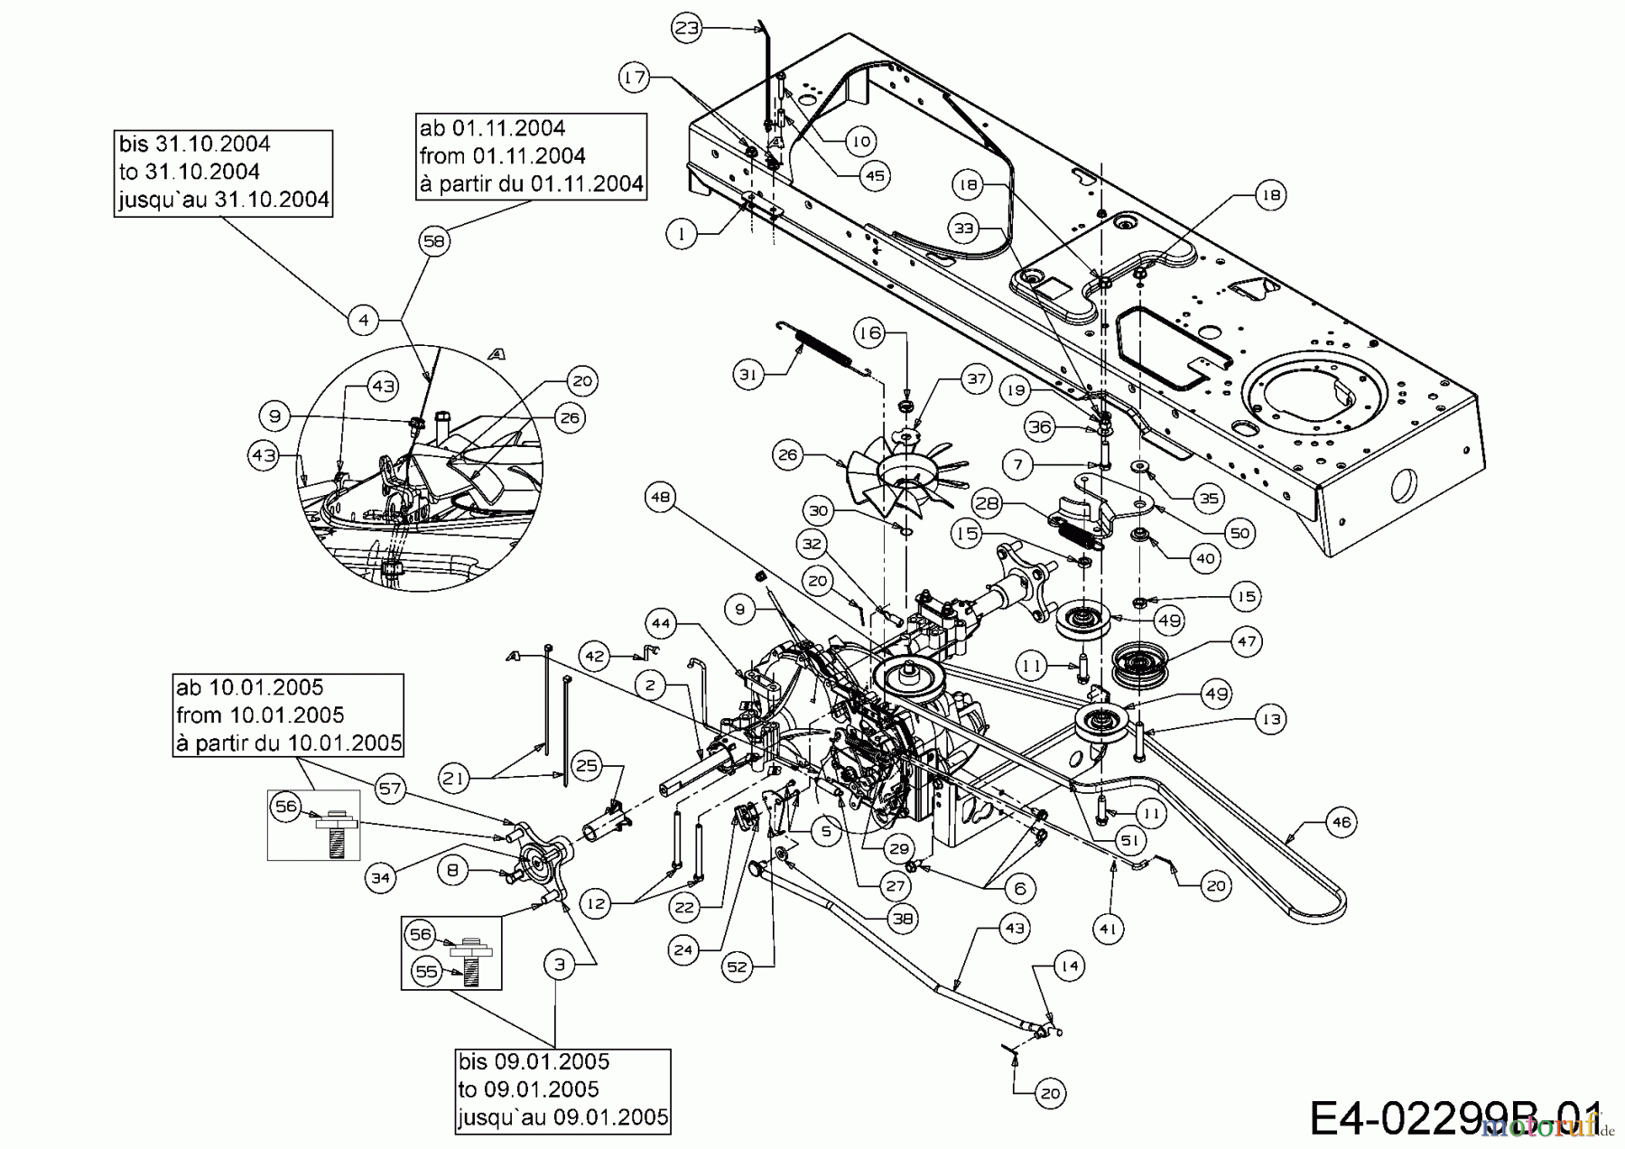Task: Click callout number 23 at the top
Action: click(687, 28)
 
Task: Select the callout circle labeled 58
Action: click(435, 241)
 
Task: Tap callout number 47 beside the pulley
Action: click(1247, 642)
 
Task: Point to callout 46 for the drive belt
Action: click(1342, 823)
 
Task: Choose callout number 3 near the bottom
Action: click(559, 964)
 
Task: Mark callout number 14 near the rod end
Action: click(1070, 966)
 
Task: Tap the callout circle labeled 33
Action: click(965, 229)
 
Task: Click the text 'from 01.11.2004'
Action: click(503, 155)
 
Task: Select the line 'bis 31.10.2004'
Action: click(194, 144)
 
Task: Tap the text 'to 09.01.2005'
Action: click(515, 1089)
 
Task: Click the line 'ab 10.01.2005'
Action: click(250, 687)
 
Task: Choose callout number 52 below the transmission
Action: click(738, 967)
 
